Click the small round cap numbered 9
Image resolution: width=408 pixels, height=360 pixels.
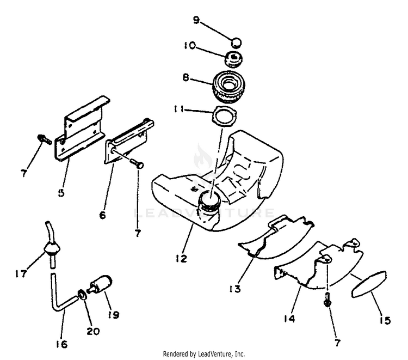(x=236, y=41)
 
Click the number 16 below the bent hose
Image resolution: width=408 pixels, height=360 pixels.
(x=61, y=343)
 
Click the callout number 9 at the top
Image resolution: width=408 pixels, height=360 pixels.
(x=196, y=21)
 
